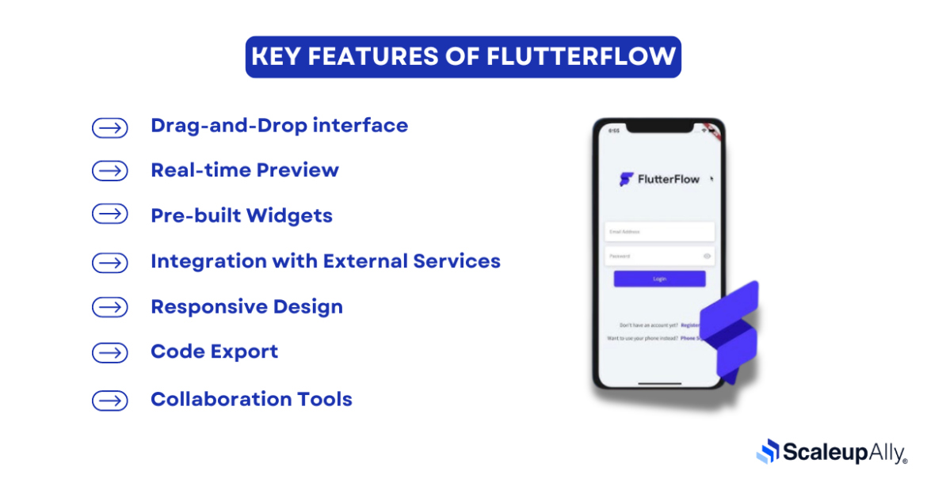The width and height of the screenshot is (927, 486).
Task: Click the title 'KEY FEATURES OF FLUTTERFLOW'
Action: click(463, 57)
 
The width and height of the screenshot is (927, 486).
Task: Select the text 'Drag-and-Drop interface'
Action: click(279, 125)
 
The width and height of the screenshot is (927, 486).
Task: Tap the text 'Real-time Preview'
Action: click(244, 170)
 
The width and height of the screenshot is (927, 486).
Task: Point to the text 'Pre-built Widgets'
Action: click(241, 215)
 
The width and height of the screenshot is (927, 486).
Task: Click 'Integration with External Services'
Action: click(325, 261)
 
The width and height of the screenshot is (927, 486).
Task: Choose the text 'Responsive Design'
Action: click(246, 306)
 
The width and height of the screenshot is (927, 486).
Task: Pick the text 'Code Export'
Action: click(214, 351)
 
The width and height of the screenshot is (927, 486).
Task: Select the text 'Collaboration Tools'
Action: click(251, 399)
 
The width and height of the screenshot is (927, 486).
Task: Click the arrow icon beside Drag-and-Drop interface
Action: click(109, 127)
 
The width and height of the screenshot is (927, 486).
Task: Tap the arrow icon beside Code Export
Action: click(109, 353)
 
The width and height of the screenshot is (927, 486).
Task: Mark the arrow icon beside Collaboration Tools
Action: click(109, 401)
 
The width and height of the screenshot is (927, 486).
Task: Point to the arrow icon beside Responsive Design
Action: click(109, 308)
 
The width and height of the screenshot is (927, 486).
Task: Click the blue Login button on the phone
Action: click(659, 279)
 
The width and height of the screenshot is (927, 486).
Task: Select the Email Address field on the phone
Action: click(659, 232)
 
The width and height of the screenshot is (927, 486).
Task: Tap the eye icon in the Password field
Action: click(707, 256)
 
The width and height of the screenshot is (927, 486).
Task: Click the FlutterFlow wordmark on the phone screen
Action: click(668, 180)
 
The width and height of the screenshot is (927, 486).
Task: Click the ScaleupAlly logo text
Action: click(845, 453)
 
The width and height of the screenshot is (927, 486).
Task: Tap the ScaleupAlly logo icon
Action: click(768, 451)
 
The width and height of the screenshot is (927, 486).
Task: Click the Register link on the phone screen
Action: click(690, 325)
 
